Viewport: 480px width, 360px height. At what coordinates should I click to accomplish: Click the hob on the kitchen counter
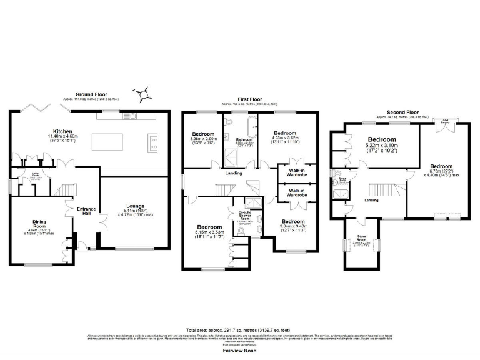tap(152, 142)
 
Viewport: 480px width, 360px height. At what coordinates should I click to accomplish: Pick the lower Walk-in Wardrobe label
tap(297, 192)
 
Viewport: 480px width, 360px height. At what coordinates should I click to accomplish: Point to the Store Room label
tap(362, 238)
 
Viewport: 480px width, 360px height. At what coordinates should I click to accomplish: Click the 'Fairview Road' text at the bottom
tap(239, 351)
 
